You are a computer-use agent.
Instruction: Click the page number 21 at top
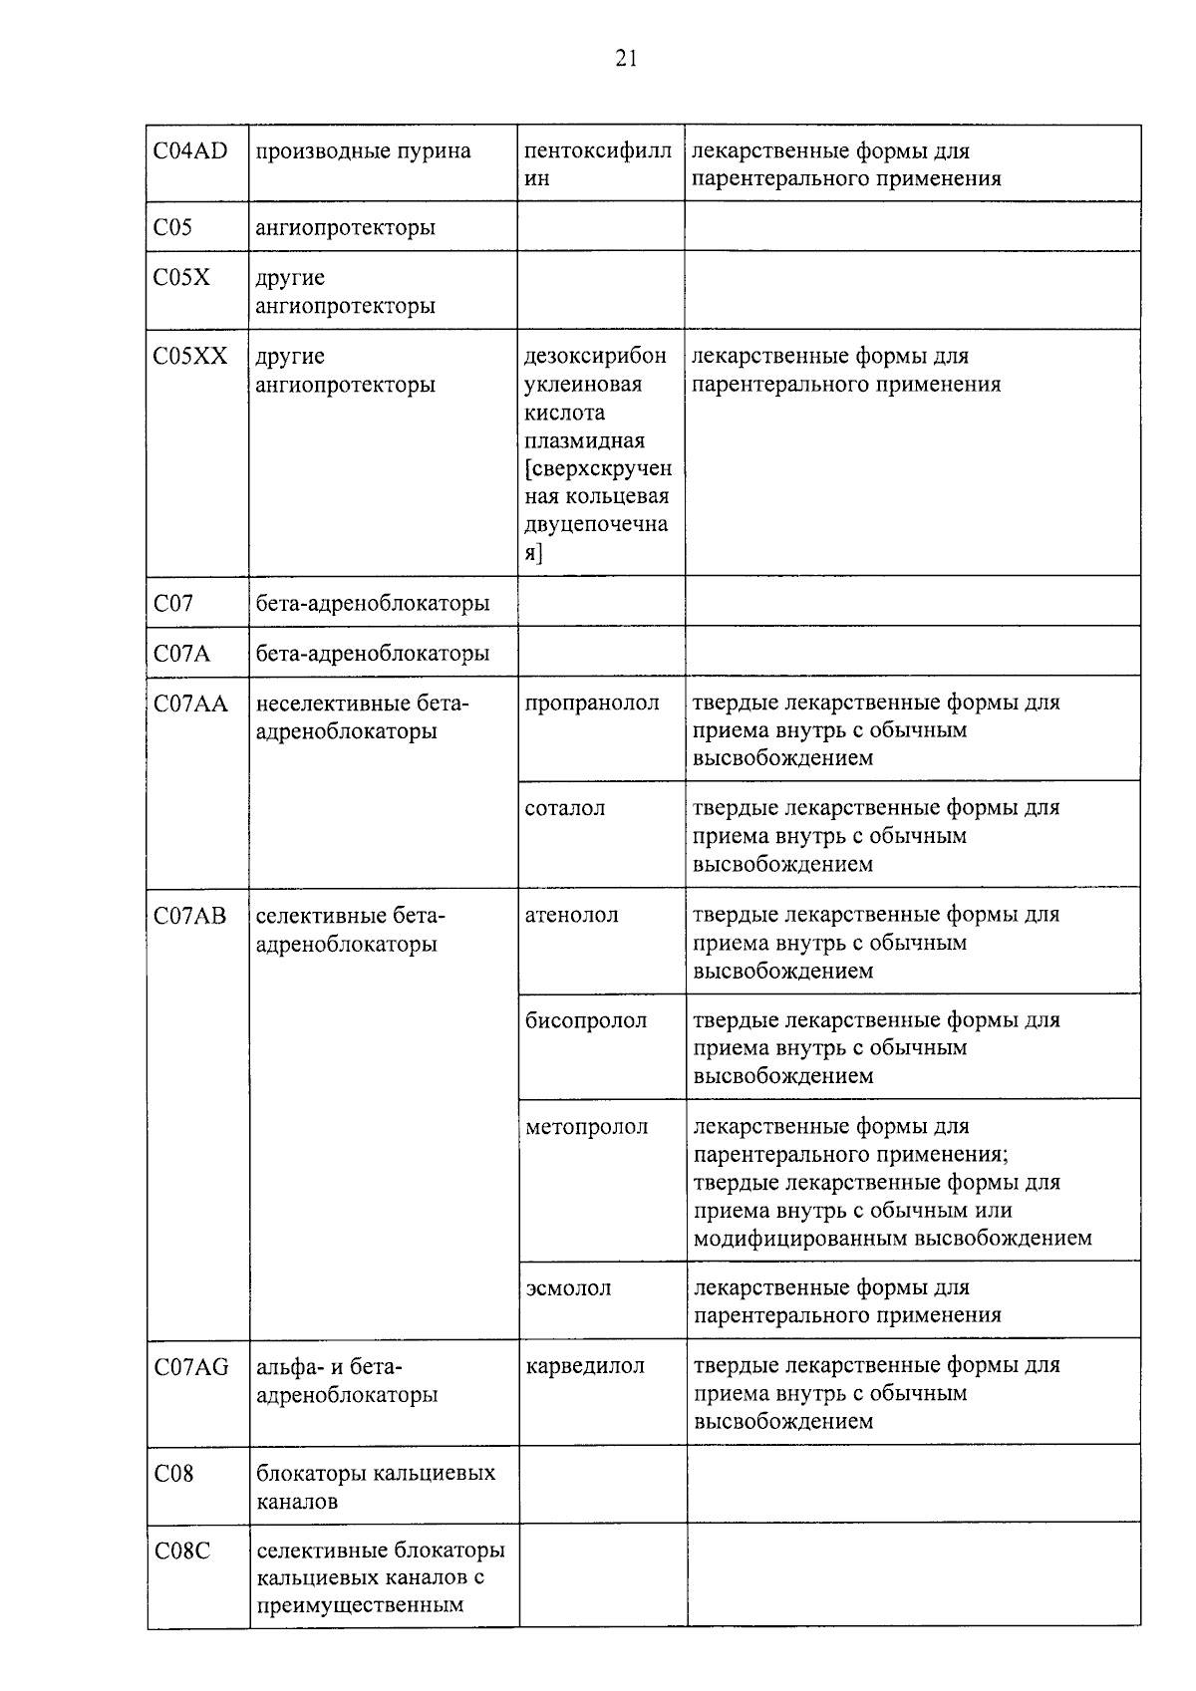[626, 59]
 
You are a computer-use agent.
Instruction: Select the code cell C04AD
[190, 151]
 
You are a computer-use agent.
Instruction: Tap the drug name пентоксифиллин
[597, 164]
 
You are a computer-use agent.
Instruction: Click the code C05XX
[190, 357]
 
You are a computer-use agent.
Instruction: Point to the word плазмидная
[584, 440]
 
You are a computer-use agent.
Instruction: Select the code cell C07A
[182, 654]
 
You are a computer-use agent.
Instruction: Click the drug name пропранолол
[592, 704]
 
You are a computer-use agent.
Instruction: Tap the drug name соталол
[565, 809]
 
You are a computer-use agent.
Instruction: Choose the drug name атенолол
[572, 916]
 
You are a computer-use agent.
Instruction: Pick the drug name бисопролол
[586, 1021]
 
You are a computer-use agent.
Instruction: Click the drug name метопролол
[587, 1128]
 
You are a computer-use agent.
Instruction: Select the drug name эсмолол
[568, 1288]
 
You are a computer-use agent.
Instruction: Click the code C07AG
[191, 1367]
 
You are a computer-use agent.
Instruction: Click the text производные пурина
[363, 151]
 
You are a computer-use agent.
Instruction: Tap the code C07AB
[190, 916]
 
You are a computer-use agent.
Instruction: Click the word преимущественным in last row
[360, 1606]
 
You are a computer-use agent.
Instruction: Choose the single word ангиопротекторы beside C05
[345, 228]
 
